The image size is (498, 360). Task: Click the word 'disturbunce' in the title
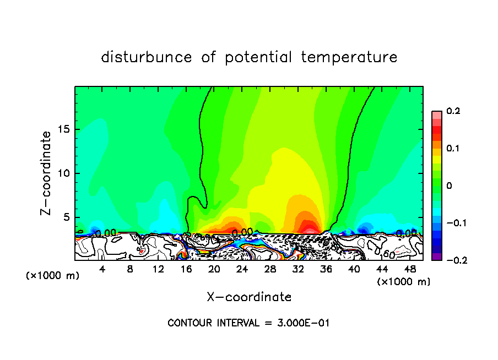[x=147, y=57]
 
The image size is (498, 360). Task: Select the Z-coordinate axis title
[x=48, y=173]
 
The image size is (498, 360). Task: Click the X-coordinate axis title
[x=249, y=297]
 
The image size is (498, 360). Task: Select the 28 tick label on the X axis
[x=270, y=269]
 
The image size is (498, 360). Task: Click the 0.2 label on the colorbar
[x=453, y=111]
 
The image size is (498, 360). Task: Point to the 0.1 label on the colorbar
[x=453, y=149]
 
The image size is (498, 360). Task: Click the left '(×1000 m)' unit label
[x=53, y=275]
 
